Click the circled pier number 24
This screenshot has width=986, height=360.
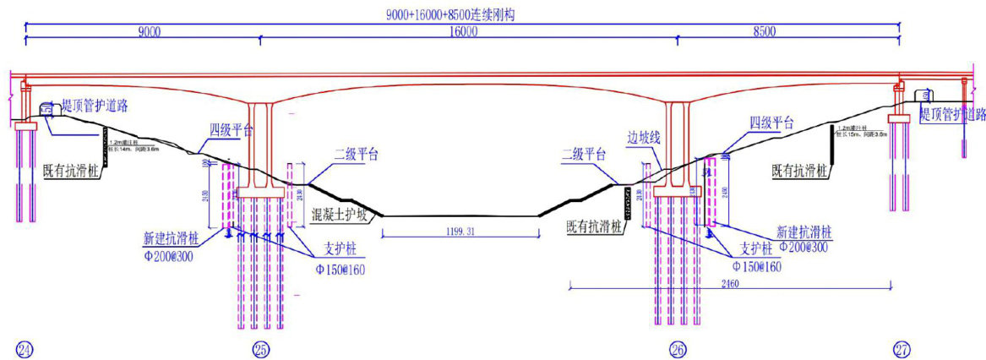coord(25,348)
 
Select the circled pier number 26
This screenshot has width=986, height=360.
coord(678,348)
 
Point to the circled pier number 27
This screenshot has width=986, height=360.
coord(902,348)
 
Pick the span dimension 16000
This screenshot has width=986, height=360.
coord(463,32)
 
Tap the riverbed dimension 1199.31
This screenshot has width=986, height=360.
coord(460,231)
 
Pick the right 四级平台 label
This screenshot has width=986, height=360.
coord(771,123)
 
